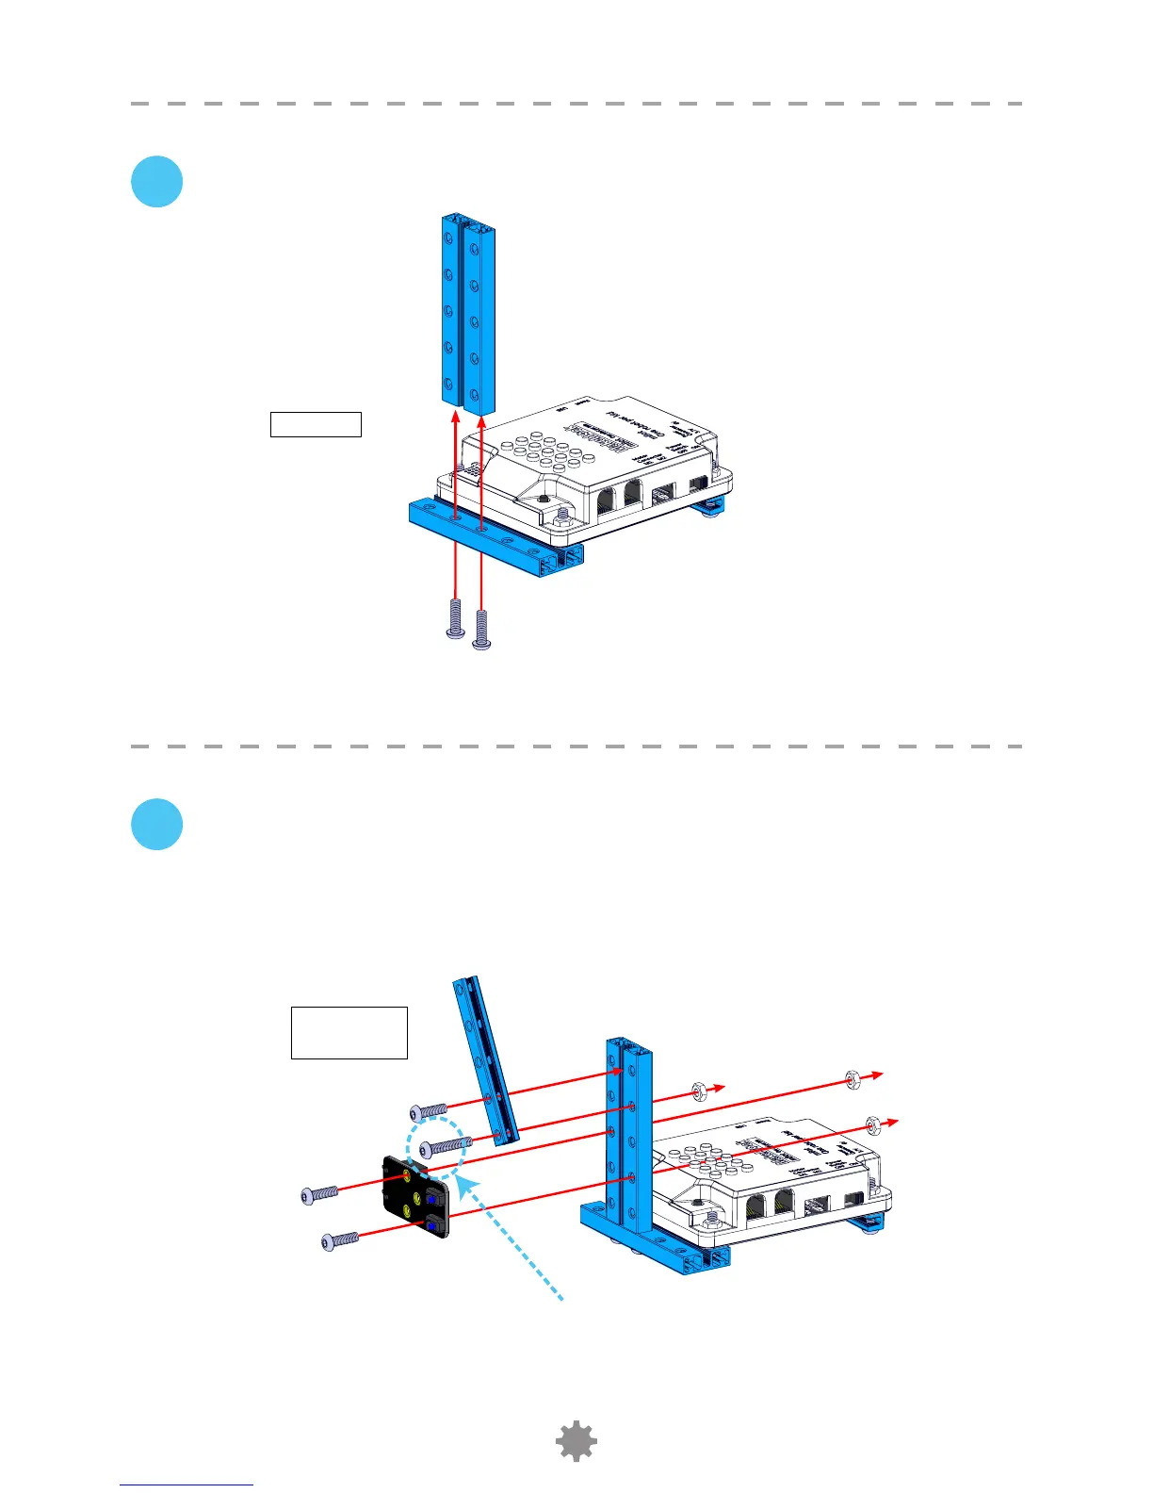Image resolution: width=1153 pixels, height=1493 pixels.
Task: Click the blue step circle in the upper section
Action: tap(157, 181)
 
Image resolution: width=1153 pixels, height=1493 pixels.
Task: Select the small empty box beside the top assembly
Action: tap(316, 424)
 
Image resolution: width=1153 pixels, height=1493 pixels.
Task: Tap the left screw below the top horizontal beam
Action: tap(455, 619)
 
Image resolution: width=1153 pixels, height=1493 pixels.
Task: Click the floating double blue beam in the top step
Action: tap(468, 311)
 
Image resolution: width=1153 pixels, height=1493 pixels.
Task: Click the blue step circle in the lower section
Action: tap(157, 825)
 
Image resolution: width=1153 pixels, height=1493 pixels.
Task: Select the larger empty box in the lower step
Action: tap(349, 1032)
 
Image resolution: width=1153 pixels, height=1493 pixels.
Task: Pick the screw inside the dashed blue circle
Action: tap(445, 1146)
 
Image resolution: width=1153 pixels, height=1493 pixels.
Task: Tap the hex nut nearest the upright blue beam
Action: tap(700, 1091)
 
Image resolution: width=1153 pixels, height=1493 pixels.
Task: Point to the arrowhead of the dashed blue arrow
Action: tap(463, 1185)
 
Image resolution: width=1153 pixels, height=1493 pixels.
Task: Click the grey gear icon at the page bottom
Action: tap(576, 1442)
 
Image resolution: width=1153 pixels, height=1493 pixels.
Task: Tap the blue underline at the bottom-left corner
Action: tap(187, 1485)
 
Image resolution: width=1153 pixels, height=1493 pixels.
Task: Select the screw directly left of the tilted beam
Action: tap(429, 1113)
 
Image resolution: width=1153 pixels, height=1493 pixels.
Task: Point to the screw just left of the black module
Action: tap(319, 1194)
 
